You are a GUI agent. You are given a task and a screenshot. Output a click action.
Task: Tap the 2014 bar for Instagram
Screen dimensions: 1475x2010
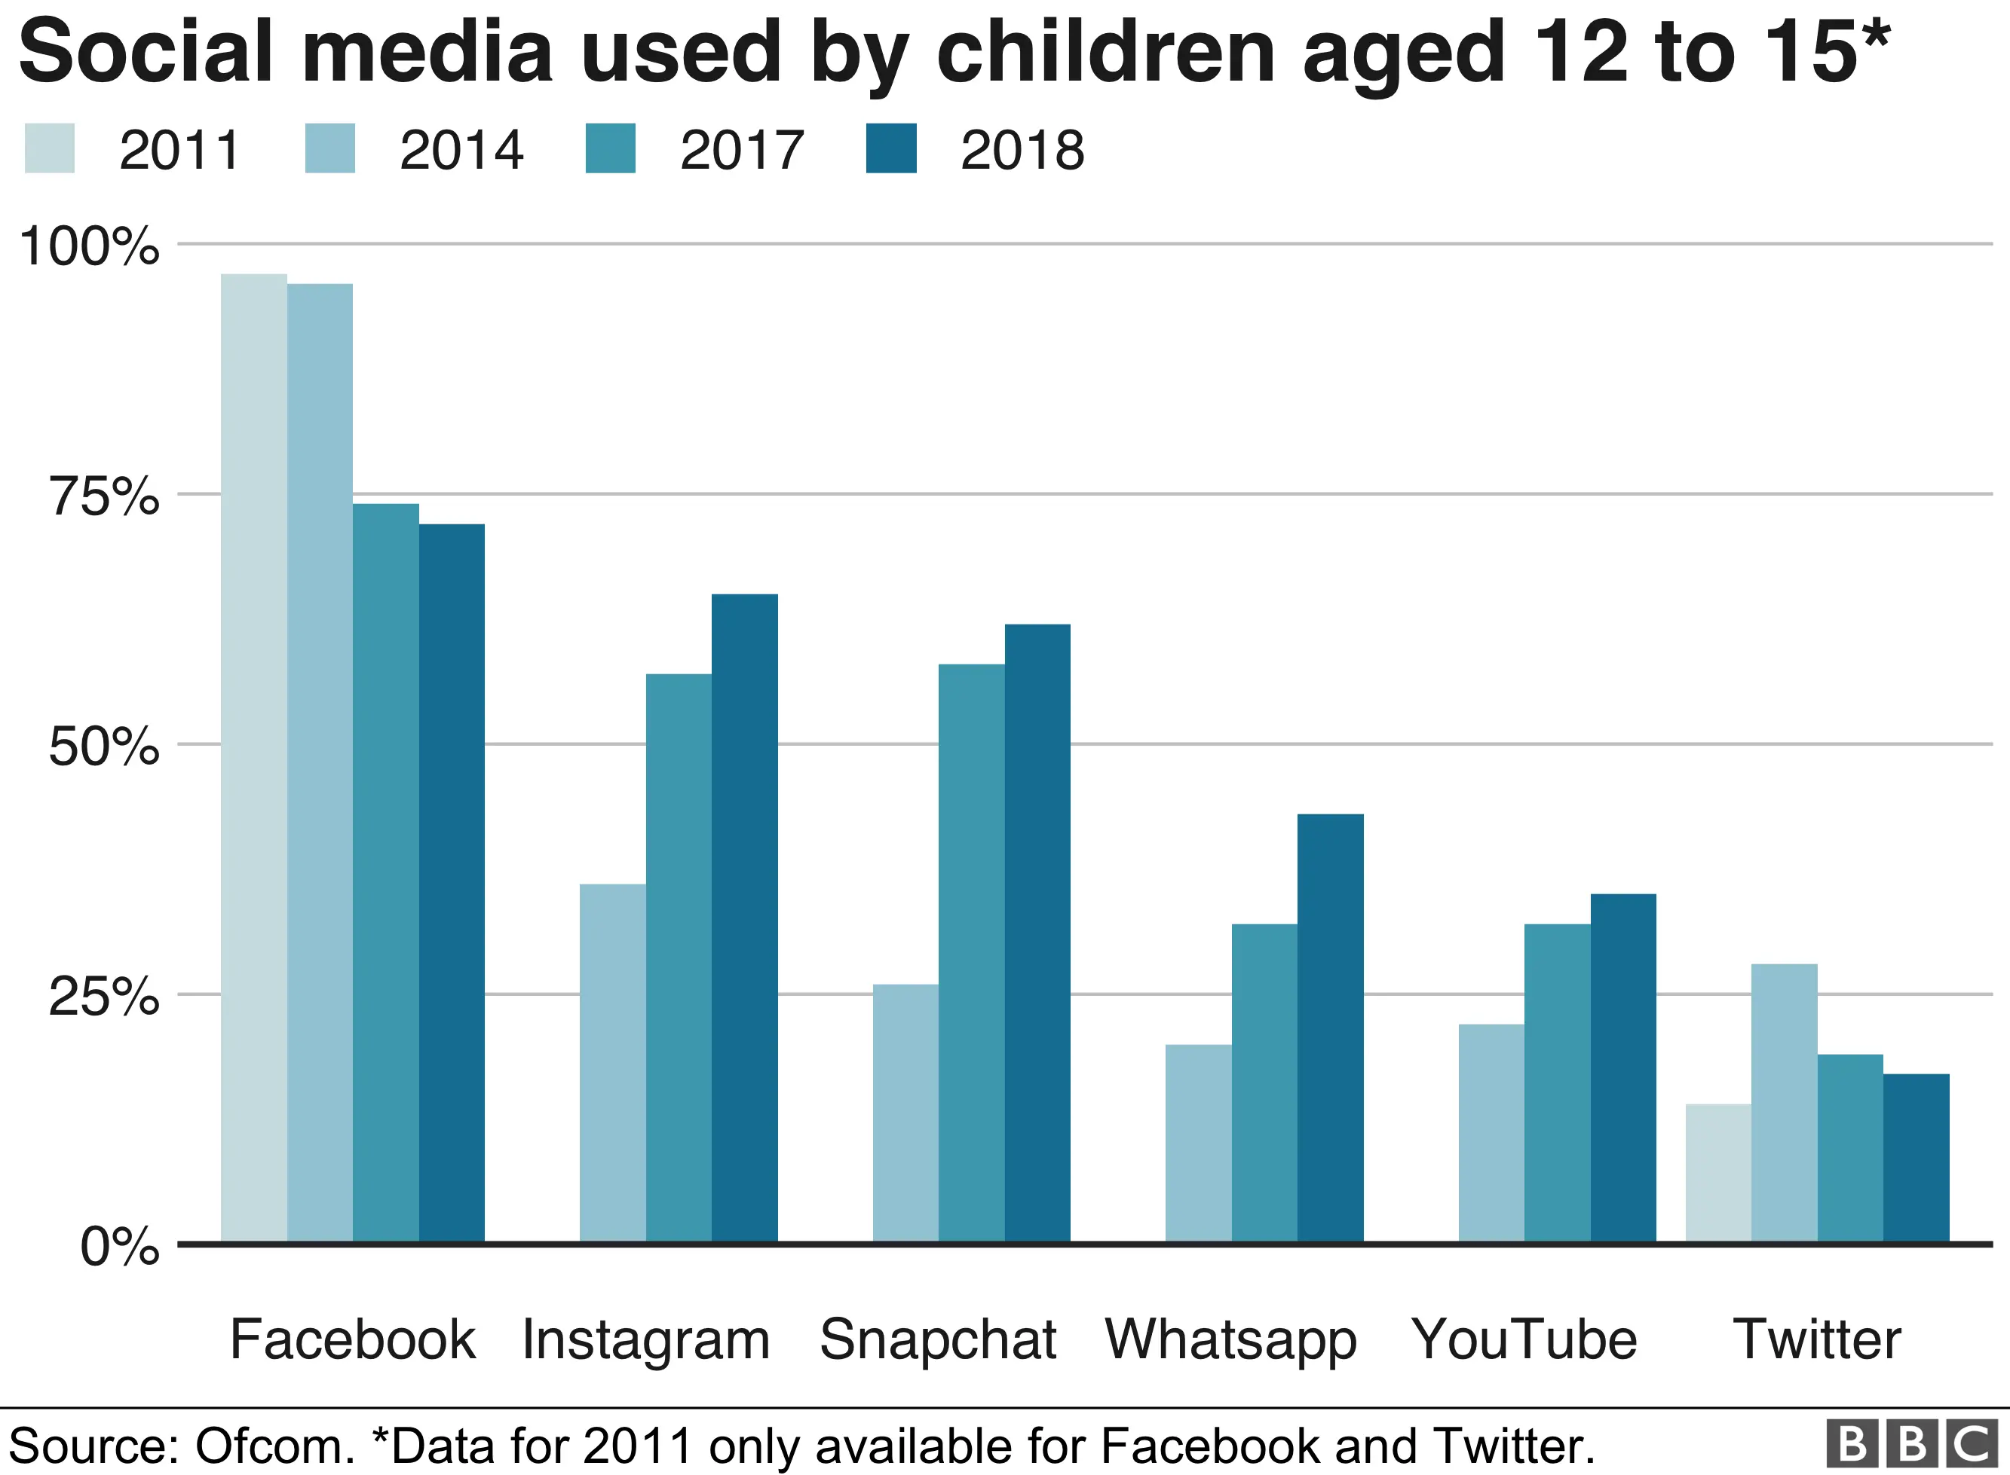pyautogui.click(x=612, y=1062)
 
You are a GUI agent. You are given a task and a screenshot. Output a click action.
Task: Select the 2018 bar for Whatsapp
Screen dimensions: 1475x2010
pyautogui.click(x=1330, y=1027)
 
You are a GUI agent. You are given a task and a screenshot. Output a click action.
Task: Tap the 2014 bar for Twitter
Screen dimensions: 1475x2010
pyautogui.click(x=1784, y=1102)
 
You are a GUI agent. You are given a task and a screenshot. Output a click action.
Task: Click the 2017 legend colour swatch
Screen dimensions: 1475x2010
pyautogui.click(x=610, y=148)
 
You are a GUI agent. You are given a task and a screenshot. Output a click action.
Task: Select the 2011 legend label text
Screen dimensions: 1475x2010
pyautogui.click(x=179, y=150)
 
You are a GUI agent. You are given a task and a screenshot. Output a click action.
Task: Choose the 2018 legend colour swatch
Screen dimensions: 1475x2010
pyautogui.click(x=890, y=148)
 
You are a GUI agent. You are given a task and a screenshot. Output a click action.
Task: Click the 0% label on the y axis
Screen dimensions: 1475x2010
pyautogui.click(x=120, y=1247)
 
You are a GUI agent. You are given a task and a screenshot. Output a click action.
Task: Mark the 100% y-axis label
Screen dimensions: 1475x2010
pyautogui.click(x=89, y=246)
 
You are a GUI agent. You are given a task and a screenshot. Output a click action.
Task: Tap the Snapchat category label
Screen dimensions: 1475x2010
pyautogui.click(x=938, y=1339)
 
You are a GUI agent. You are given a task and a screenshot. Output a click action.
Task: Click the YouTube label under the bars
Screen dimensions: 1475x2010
pyautogui.click(x=1524, y=1339)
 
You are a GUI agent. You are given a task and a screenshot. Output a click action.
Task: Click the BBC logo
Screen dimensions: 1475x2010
pyautogui.click(x=1912, y=1444)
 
